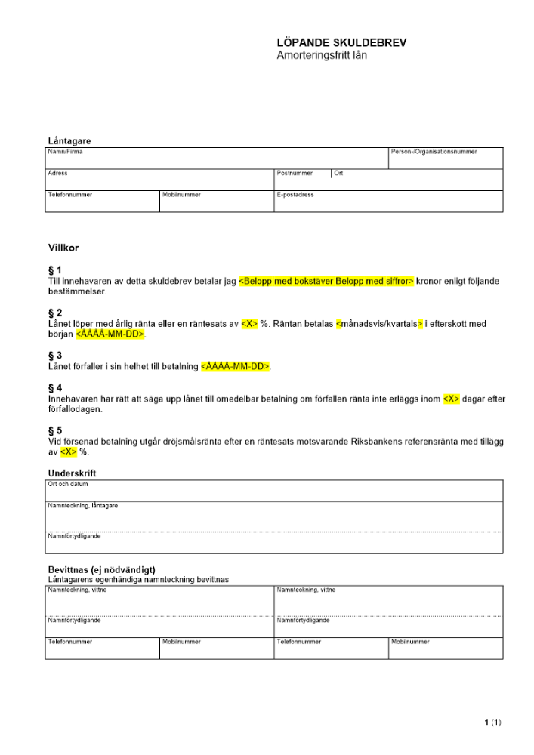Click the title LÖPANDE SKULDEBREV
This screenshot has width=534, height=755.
click(x=341, y=43)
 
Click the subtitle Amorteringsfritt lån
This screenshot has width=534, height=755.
click(x=322, y=55)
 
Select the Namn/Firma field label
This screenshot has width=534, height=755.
click(x=66, y=152)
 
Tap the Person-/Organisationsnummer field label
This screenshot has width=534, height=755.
click(x=434, y=152)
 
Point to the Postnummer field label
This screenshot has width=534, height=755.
click(x=295, y=173)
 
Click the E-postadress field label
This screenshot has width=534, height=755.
click(x=295, y=195)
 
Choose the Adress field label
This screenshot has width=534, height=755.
click(x=58, y=173)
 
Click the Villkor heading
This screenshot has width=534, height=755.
click(x=63, y=248)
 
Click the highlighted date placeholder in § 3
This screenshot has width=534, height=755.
click(x=236, y=366)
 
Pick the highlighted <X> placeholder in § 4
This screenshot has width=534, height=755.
click(x=451, y=399)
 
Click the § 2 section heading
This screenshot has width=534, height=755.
click(x=55, y=313)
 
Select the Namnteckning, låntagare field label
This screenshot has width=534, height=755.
click(x=82, y=505)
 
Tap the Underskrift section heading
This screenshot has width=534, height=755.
click(x=73, y=473)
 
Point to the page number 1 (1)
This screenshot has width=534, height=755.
click(x=492, y=723)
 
